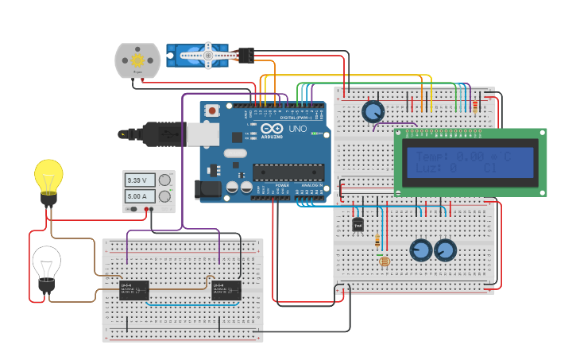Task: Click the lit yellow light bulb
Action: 48,176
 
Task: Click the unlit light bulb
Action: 46,264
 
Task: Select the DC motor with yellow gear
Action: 137,60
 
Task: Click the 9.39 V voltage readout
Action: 141,180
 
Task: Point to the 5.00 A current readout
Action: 141,195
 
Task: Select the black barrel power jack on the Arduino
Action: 208,190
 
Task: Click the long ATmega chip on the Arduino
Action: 288,172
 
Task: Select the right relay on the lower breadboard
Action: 227,290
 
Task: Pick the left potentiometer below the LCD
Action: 420,251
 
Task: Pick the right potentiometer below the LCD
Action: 446,251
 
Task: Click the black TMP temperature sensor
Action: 358,226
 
